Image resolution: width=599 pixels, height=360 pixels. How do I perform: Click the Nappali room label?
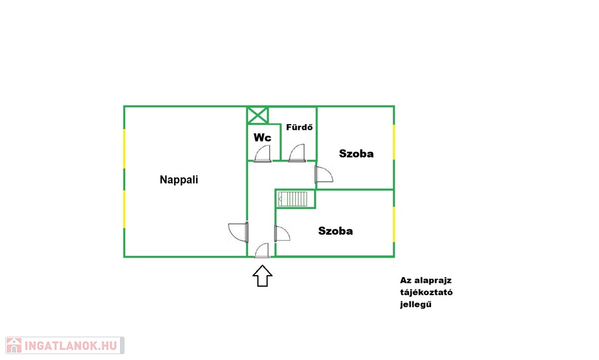[179, 180]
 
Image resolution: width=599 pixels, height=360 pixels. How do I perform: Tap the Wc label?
[263, 137]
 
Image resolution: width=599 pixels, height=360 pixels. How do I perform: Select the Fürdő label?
[299, 127]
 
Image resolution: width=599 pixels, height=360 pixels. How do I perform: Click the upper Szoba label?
[356, 153]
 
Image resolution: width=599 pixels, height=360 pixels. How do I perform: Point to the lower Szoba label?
[335, 231]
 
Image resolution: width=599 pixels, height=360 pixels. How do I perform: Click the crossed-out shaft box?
[257, 115]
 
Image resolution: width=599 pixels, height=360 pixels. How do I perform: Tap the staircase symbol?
[292, 198]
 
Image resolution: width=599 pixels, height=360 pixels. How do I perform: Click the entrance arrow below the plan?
[263, 276]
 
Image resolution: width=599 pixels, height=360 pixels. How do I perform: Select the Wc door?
[263, 154]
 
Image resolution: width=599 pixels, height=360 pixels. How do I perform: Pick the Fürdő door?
[297, 153]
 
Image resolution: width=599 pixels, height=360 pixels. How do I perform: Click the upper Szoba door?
[324, 174]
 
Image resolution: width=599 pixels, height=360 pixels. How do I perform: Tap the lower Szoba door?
[283, 234]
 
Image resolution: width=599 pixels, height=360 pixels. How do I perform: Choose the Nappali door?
[239, 232]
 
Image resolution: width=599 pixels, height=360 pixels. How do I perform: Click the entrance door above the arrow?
[262, 251]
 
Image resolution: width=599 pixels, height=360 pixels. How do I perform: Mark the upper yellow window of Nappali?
[124, 149]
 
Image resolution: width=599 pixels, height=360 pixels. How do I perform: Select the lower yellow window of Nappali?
[124, 210]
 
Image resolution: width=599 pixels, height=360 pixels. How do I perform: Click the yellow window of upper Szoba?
[394, 142]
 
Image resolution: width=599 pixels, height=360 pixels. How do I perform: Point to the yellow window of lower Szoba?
[394, 225]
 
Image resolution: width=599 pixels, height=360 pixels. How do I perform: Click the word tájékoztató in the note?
[426, 292]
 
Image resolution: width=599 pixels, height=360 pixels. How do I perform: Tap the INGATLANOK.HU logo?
[65, 345]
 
